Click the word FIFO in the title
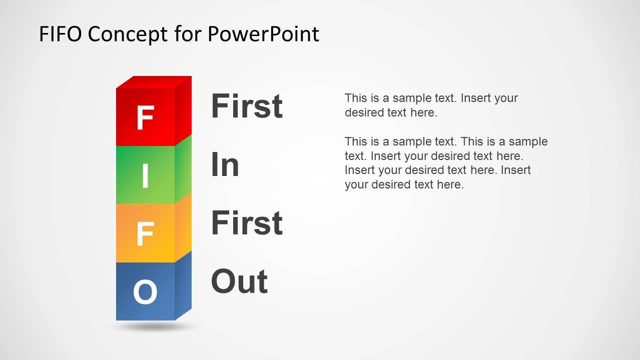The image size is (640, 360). coord(60,34)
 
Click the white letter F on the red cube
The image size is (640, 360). coord(146,117)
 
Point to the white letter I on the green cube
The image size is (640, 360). coord(146,175)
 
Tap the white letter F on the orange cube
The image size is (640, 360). coord(146,234)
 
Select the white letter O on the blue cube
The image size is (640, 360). coord(145,292)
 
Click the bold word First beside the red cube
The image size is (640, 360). coord(247,106)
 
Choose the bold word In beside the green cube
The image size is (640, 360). coord(225,164)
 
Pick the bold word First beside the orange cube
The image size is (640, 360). coord(247,222)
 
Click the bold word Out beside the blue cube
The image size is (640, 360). coord(239,281)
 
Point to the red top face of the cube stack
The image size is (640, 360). coord(154,82)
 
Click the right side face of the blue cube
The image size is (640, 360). coord(183,286)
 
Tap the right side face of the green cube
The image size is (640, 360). coord(183,169)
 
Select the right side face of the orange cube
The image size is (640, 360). coord(183,227)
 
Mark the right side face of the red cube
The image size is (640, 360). coord(183,111)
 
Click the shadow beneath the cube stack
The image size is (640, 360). coord(154,326)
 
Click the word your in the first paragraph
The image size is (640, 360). coord(506,98)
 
